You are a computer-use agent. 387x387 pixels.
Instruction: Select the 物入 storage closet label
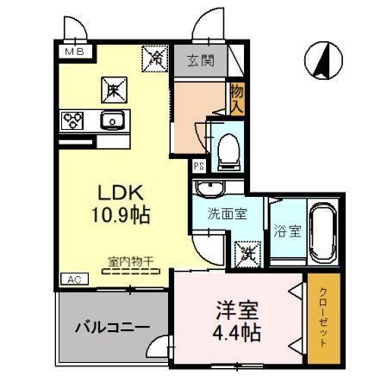pyautogui.click(x=235, y=98)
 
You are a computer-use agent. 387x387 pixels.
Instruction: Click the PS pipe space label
pyautogui.click(x=199, y=167)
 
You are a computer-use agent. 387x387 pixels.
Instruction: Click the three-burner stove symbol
pyautogui.click(x=71, y=120)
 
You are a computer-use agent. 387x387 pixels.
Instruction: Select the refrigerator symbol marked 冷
pyautogui.click(x=156, y=58)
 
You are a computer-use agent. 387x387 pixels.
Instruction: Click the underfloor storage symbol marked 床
pyautogui.click(x=114, y=89)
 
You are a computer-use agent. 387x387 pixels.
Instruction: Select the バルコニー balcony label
pyautogui.click(x=112, y=327)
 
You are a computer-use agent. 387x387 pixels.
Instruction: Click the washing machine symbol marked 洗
pyautogui.click(x=247, y=253)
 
